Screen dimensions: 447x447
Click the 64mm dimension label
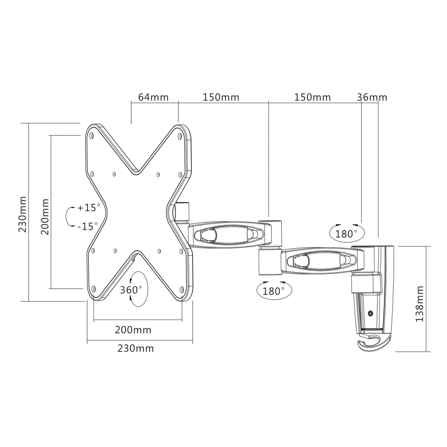point(153,97)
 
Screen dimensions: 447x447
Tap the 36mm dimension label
point(372,97)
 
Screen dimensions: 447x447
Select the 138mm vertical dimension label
point(420,304)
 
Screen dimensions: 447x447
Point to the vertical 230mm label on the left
point(23,214)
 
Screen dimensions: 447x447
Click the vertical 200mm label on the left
point(45,217)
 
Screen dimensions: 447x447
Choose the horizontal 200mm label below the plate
point(133,330)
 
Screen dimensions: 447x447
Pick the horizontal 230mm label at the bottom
point(136,348)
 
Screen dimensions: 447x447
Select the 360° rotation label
point(131,290)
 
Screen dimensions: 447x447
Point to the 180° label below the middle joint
point(273,291)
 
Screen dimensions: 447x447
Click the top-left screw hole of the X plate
point(92,135)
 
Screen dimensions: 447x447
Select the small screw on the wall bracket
point(371,314)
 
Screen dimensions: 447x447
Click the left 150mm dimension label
point(221,97)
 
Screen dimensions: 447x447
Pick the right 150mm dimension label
point(312,97)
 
